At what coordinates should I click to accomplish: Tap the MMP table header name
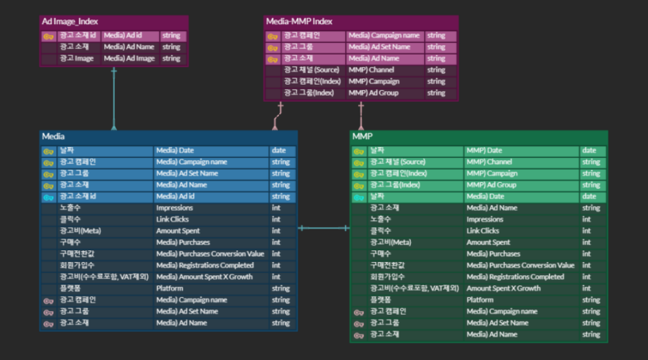click(362, 136)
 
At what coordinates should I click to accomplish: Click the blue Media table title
click(54, 136)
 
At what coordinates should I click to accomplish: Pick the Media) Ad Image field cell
click(129, 58)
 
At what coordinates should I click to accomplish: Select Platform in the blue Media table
click(169, 288)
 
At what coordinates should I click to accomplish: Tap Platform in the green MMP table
click(480, 299)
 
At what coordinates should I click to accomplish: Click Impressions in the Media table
click(174, 208)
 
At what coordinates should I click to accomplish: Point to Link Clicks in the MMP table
click(483, 231)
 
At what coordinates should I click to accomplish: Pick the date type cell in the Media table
click(278, 150)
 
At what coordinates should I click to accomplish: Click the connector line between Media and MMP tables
click(323, 228)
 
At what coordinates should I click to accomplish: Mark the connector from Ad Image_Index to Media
click(113, 97)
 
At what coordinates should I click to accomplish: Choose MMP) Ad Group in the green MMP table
click(491, 185)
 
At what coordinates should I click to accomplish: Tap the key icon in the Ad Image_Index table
click(48, 35)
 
